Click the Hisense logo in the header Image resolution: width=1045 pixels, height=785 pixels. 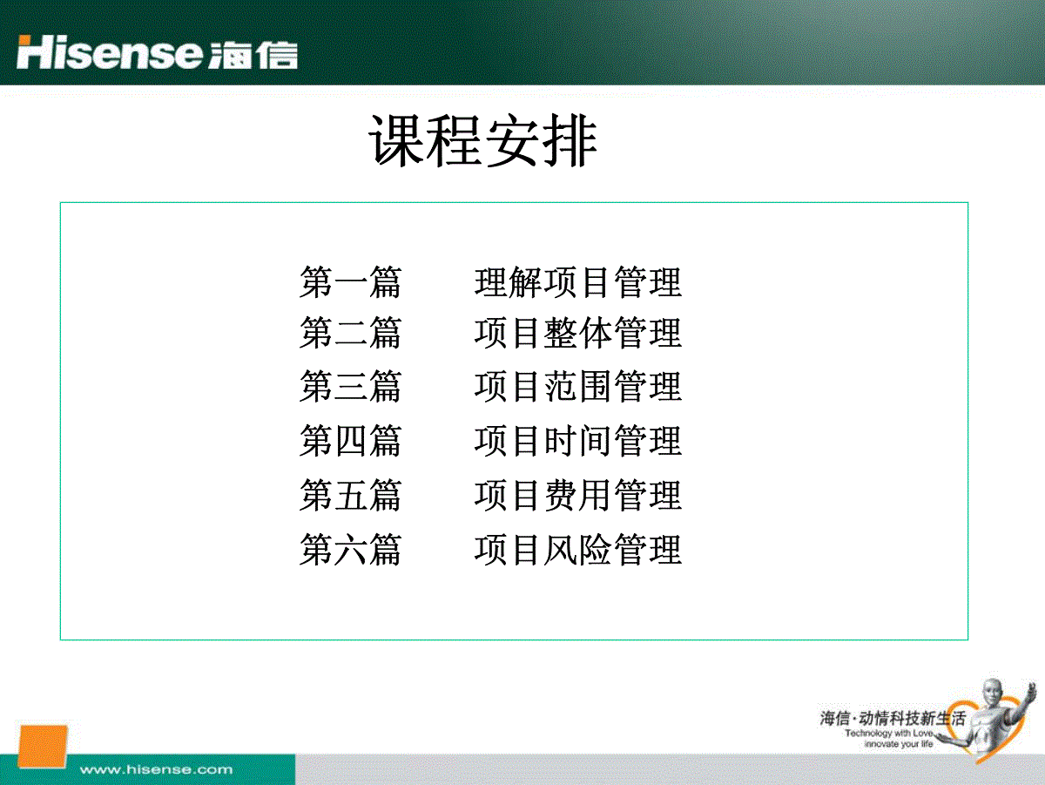click(x=157, y=52)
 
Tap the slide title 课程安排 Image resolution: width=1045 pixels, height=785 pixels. click(x=483, y=140)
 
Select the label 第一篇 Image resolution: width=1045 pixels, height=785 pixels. click(x=350, y=282)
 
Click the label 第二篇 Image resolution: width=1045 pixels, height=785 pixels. click(x=350, y=333)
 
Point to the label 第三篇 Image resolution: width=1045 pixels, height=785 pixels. click(x=350, y=386)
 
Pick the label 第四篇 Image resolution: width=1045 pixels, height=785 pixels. click(x=350, y=441)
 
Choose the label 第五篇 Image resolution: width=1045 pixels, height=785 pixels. click(x=350, y=496)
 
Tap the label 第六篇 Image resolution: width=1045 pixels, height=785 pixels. click(x=350, y=550)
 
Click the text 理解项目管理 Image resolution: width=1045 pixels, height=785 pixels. click(x=578, y=282)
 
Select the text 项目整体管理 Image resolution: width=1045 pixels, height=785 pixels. click(x=578, y=333)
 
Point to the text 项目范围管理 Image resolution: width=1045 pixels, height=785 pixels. click(x=578, y=386)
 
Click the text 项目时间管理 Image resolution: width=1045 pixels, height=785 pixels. click(x=578, y=441)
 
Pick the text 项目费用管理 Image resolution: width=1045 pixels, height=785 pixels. click(x=578, y=496)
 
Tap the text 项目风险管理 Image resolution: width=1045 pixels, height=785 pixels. click(x=578, y=550)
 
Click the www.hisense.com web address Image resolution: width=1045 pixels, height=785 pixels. click(x=156, y=769)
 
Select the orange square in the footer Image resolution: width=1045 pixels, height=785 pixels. click(x=43, y=747)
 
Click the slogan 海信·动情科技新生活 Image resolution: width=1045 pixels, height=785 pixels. click(x=893, y=718)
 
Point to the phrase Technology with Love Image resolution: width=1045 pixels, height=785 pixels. click(x=889, y=733)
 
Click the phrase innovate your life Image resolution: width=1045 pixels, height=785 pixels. click(x=899, y=743)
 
